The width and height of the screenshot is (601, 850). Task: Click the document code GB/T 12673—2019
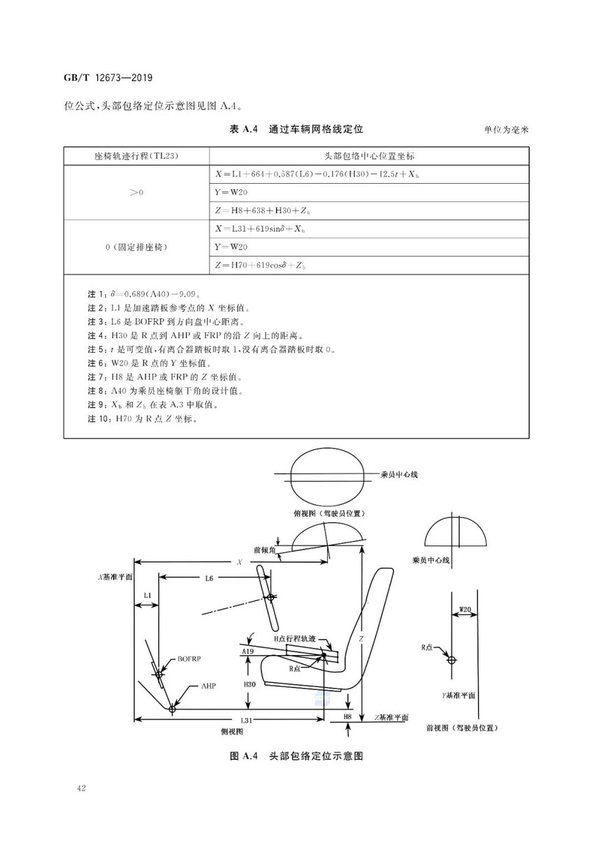pyautogui.click(x=108, y=78)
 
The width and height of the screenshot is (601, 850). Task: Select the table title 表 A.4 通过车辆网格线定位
pyautogui.click(x=296, y=129)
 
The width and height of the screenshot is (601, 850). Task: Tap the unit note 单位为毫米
pyautogui.click(x=506, y=130)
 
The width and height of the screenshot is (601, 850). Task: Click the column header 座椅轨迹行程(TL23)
pyautogui.click(x=136, y=156)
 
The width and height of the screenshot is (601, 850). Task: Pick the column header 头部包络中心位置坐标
pyautogui.click(x=369, y=156)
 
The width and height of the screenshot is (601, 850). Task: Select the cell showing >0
pyautogui.click(x=136, y=192)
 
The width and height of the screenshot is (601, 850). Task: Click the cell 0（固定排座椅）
pyautogui.click(x=136, y=247)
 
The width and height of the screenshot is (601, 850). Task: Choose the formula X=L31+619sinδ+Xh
pyautogui.click(x=260, y=229)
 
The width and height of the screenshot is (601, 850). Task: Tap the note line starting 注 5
pyautogui.click(x=212, y=349)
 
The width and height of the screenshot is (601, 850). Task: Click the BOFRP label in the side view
pyautogui.click(x=189, y=658)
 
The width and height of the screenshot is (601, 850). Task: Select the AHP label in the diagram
pyautogui.click(x=208, y=686)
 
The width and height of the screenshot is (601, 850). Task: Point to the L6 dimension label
pyautogui.click(x=209, y=578)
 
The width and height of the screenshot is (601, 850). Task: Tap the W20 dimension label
pyautogui.click(x=465, y=610)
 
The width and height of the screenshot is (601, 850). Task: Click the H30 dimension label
pyautogui.click(x=249, y=684)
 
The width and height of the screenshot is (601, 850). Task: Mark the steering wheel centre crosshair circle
pyautogui.click(x=270, y=598)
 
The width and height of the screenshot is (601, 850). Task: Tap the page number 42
pyautogui.click(x=81, y=788)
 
